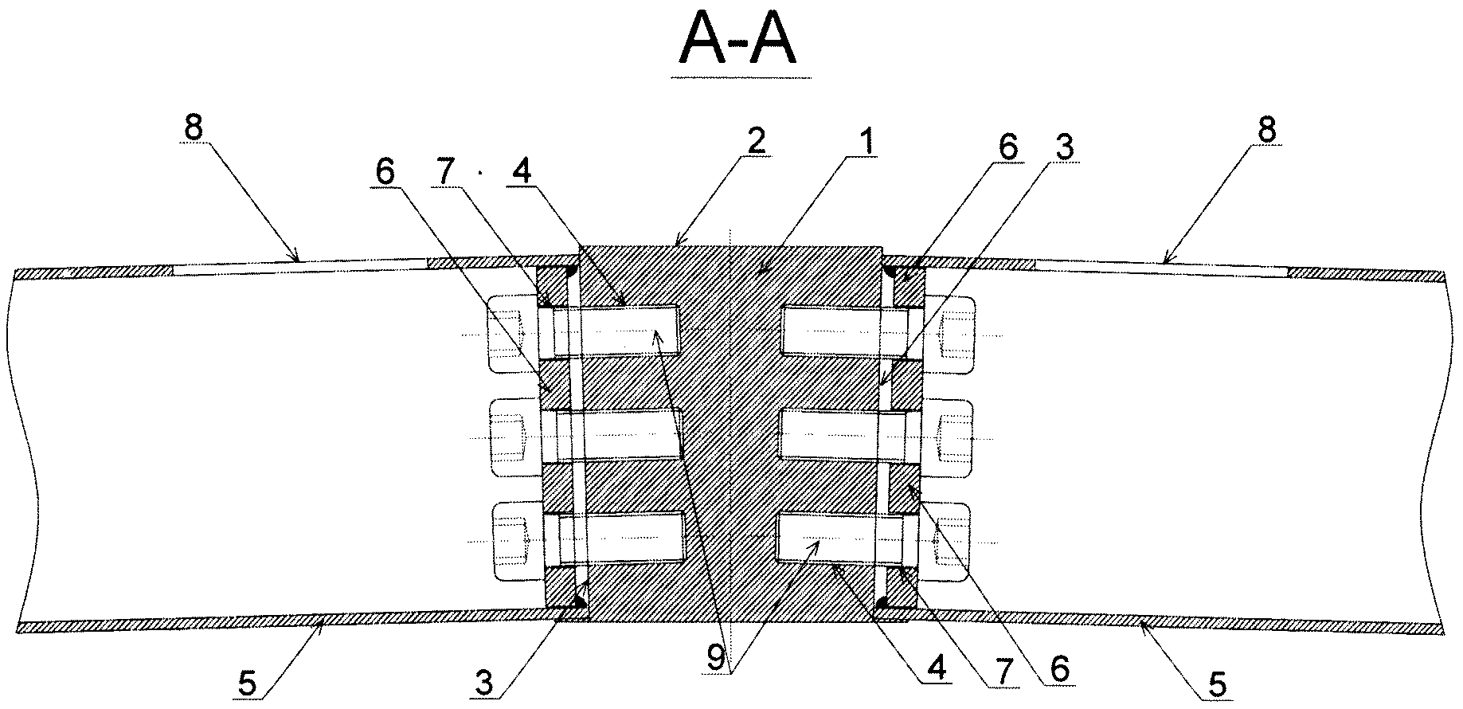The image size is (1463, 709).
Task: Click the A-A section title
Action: pyautogui.click(x=737, y=43)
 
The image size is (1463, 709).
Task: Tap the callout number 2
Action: pyautogui.click(x=755, y=142)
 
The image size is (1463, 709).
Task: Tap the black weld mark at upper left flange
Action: pyautogui.click(x=570, y=272)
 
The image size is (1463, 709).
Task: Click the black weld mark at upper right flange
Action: pyautogui.click(x=890, y=272)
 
